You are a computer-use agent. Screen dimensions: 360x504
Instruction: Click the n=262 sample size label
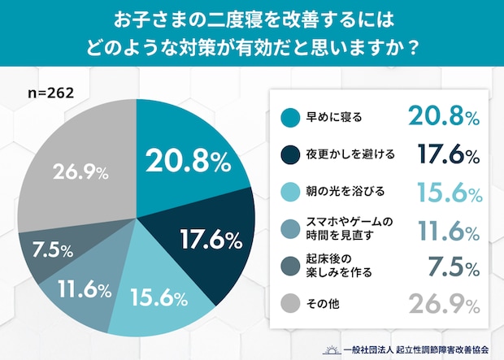[51, 93]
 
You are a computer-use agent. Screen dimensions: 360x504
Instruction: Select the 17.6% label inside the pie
[208, 240]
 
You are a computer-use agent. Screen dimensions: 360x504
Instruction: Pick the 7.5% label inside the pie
[51, 249]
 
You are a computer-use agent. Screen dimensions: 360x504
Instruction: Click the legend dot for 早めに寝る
[286, 116]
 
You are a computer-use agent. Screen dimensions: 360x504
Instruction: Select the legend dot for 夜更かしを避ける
[286, 154]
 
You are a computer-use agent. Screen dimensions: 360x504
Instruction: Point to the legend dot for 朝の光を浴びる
[286, 191]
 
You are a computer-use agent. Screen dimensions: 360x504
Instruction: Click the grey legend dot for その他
[286, 303]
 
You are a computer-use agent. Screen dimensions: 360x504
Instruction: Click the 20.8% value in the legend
[442, 117]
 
